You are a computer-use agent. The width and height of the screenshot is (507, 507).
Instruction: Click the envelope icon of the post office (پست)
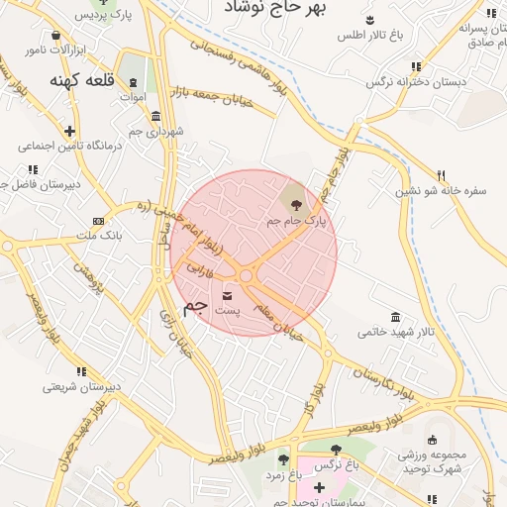229,296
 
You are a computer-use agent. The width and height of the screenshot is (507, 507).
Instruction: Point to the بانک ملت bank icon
97,220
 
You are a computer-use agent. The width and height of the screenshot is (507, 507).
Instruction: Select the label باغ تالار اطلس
369,36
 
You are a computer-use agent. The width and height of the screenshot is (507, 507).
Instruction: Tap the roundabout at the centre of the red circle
246,274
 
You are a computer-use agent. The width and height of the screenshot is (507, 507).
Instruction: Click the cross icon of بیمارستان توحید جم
319,487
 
